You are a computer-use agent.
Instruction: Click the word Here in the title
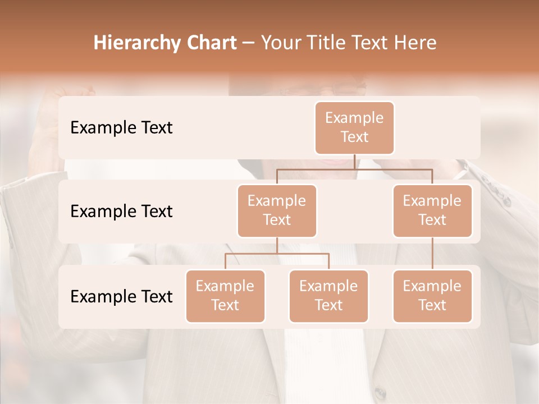pyautogui.click(x=415, y=43)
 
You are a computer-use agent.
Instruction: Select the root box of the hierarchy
pyautogui.click(x=354, y=127)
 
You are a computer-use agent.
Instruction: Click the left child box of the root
pyautogui.click(x=277, y=210)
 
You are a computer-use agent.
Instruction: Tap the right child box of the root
pyautogui.click(x=432, y=210)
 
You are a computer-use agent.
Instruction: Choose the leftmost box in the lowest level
pyautogui.click(x=225, y=296)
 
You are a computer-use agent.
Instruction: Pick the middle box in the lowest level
pyautogui.click(x=328, y=296)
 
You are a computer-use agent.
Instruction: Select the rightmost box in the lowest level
pyautogui.click(x=432, y=296)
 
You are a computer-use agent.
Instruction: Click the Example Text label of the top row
pyautogui.click(x=121, y=127)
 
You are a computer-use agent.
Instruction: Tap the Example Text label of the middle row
pyautogui.click(x=121, y=211)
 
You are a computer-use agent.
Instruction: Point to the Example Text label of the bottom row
pyautogui.click(x=121, y=296)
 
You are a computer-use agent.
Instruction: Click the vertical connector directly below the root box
pyautogui.click(x=354, y=162)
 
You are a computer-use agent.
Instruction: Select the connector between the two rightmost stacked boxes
pyautogui.click(x=432, y=254)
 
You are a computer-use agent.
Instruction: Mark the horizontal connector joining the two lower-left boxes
pyautogui.click(x=277, y=254)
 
